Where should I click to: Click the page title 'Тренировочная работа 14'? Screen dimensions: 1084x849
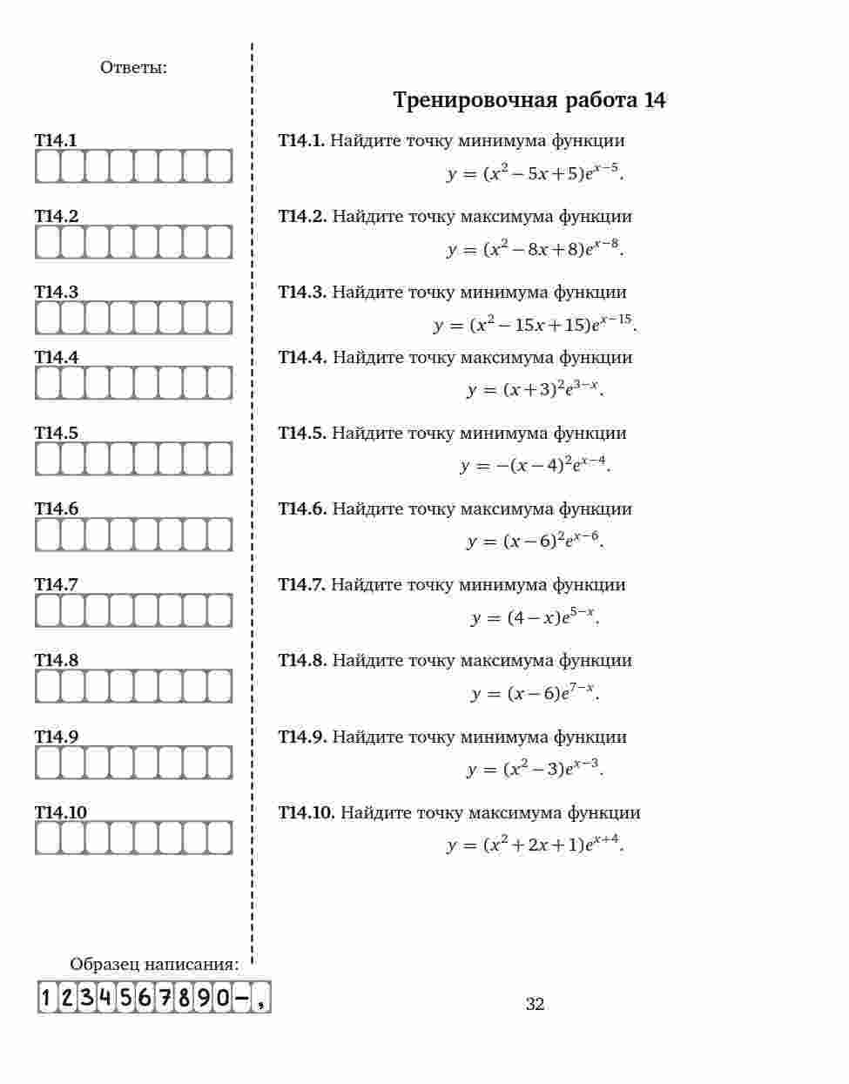click(529, 100)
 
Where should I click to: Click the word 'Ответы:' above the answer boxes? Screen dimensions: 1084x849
click(133, 67)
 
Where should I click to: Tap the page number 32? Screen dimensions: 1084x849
click(535, 1004)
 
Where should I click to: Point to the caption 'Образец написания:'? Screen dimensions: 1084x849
click(154, 964)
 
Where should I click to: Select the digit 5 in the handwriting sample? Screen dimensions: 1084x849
click(126, 997)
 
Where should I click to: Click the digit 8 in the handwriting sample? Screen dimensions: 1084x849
click(184, 997)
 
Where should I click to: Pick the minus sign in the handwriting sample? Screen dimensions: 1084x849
click(241, 997)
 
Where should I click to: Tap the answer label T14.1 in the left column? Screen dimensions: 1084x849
click(56, 140)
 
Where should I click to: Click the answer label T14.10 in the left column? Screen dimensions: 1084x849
click(61, 812)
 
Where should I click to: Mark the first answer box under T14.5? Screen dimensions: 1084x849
click(47, 459)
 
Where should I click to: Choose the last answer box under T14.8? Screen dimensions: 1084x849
click(219, 686)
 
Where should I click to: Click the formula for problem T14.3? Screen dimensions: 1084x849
click(535, 325)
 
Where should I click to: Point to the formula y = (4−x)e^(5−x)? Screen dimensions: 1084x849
click(535, 617)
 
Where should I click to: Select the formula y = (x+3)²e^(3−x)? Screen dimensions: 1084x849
click(535, 389)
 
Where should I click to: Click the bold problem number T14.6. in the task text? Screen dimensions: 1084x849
click(302, 508)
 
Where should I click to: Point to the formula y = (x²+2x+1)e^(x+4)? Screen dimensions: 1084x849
click(535, 845)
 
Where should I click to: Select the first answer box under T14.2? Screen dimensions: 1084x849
click(47, 242)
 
